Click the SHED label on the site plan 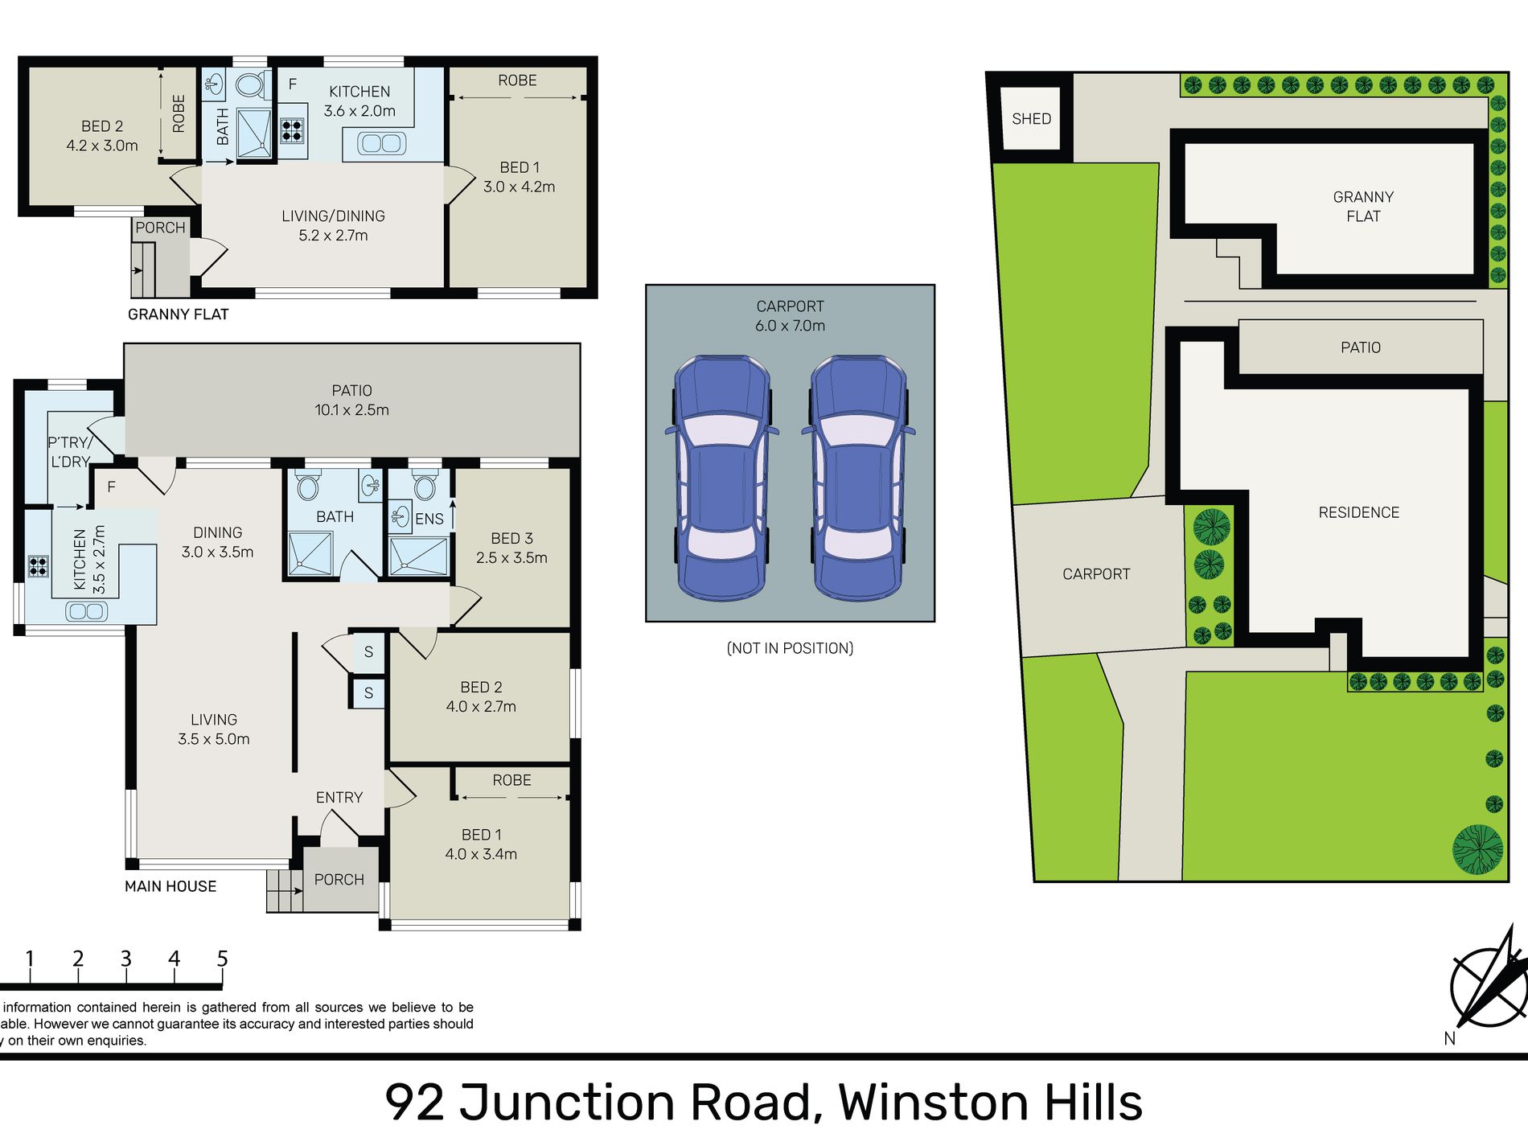coord(1031,119)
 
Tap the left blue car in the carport coord(722,478)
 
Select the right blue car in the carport coord(859,478)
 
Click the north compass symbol coord(1488,986)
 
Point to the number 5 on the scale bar coord(223,959)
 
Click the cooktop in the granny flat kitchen coord(292,130)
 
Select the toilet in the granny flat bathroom coord(251,84)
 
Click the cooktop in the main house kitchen coord(38,566)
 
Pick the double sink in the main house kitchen coord(88,611)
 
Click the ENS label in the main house coord(429,519)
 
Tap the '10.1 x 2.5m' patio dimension coord(351,410)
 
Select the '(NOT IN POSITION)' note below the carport coord(790,648)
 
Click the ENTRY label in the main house coord(339,797)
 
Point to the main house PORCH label coord(339,880)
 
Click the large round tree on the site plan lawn coord(1478,849)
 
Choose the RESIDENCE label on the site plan coord(1358,512)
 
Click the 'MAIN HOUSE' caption coord(170,886)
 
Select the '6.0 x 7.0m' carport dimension coord(790,326)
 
